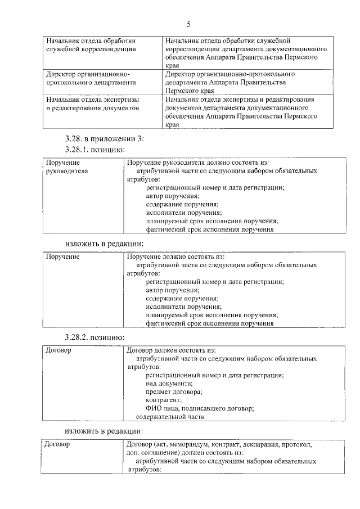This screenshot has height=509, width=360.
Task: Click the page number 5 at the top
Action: pos(188,24)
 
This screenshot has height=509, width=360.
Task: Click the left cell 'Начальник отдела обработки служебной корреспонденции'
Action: pos(91,45)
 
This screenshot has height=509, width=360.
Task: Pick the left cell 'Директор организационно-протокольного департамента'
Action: pos(91,78)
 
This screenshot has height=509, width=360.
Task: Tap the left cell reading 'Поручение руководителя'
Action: pos(67,166)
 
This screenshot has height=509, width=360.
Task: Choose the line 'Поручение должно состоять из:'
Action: pos(176,256)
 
